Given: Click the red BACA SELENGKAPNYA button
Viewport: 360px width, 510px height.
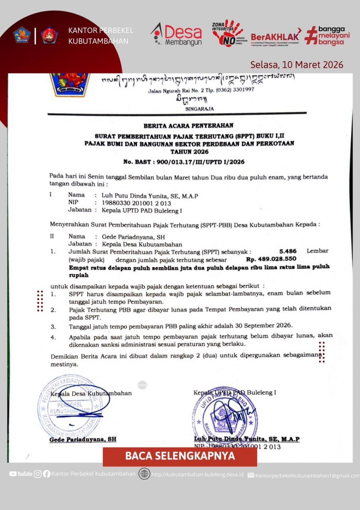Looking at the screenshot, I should click(180, 456).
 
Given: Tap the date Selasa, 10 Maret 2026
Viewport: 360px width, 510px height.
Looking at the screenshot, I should click(297, 65).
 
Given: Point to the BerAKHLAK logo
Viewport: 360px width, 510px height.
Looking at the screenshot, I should click(276, 37).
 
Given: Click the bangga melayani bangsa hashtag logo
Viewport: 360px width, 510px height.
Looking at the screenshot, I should click(328, 35).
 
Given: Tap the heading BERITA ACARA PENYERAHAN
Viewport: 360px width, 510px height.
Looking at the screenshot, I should click(188, 126).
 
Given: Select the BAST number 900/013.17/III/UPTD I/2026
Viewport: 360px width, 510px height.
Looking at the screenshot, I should click(201, 162).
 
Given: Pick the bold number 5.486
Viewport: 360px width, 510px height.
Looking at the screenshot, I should click(288, 251).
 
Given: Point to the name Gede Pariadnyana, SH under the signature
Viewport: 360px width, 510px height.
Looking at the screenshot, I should click(83, 439).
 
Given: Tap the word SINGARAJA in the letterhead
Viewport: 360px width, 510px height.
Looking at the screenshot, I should click(199, 109).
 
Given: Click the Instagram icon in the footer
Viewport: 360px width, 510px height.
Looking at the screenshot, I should click(38, 474).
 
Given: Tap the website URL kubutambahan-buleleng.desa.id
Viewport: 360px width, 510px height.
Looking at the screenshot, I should click(197, 475).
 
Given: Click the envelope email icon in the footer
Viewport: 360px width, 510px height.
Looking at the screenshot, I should click(251, 475).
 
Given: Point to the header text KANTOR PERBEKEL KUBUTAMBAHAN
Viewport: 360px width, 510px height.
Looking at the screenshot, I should click(100, 36).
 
